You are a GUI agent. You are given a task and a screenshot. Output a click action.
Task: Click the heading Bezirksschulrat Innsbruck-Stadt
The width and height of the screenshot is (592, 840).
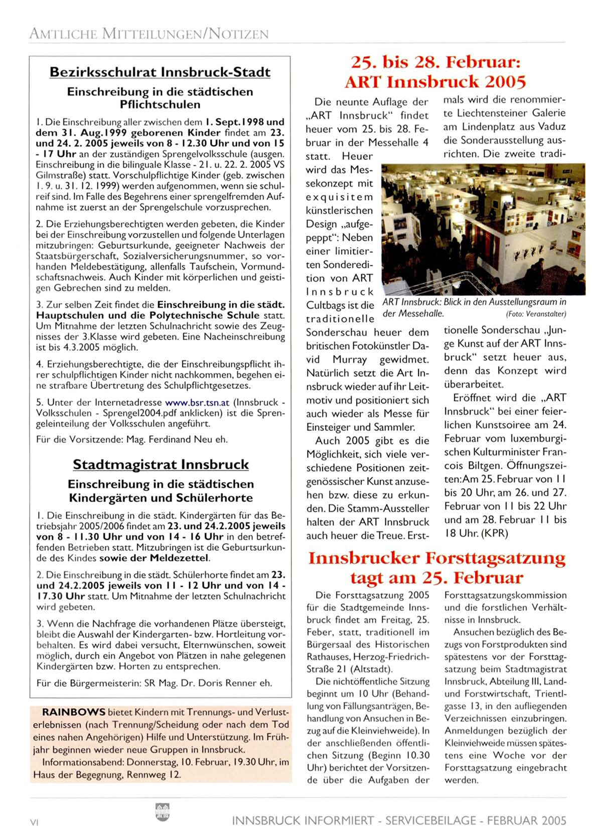tap(160, 72)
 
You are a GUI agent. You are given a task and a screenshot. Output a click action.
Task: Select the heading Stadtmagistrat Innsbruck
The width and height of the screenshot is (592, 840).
tap(161, 464)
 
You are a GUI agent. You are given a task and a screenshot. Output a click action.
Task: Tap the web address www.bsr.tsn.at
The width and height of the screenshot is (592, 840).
tap(197, 402)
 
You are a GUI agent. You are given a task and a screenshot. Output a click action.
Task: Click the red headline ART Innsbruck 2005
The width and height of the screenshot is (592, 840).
tap(435, 82)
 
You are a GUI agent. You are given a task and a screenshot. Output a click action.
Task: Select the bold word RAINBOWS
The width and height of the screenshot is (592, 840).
tap(74, 712)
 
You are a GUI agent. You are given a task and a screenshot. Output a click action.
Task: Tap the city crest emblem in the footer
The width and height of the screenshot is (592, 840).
tap(163, 810)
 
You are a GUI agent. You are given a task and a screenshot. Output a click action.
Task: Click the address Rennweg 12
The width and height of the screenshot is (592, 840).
tap(154, 774)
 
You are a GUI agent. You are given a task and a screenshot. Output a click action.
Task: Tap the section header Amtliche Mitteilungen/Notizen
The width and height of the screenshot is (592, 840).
tap(149, 34)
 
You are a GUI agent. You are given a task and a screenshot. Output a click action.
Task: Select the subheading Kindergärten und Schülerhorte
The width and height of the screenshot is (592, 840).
tap(161, 498)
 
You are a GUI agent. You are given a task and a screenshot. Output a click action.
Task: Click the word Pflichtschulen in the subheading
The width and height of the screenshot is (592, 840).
tap(160, 105)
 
